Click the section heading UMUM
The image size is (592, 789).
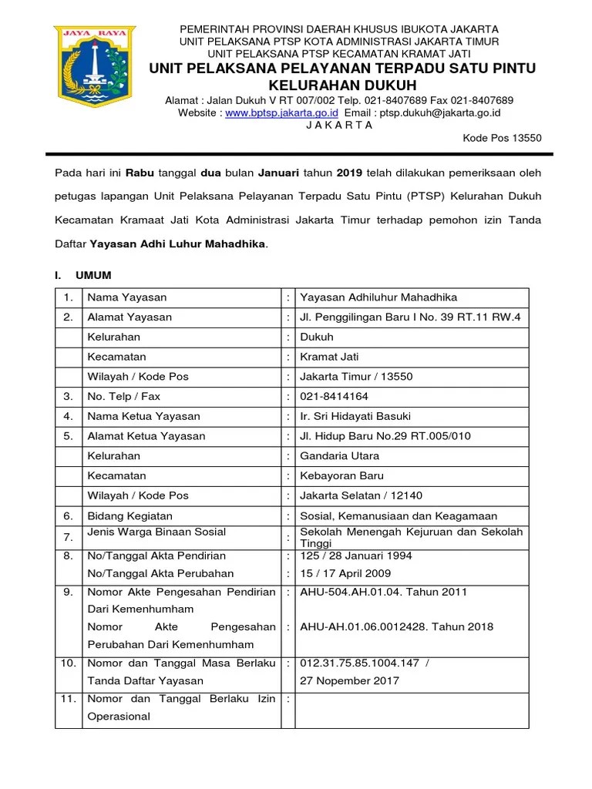(x=92, y=275)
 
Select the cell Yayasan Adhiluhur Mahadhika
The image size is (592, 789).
(x=378, y=297)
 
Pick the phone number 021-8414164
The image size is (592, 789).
(x=334, y=397)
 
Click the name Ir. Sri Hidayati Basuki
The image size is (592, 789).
(x=355, y=416)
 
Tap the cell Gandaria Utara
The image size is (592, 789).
(x=340, y=456)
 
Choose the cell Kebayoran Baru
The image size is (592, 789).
(x=341, y=476)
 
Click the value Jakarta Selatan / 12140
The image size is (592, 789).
(x=361, y=495)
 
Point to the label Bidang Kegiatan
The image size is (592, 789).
(x=129, y=515)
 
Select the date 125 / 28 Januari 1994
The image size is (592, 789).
(x=355, y=556)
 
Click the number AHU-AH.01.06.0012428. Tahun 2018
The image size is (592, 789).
(x=385, y=627)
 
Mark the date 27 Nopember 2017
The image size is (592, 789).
(x=349, y=680)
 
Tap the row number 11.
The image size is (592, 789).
(x=68, y=699)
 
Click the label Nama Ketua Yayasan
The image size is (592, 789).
(x=143, y=416)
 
